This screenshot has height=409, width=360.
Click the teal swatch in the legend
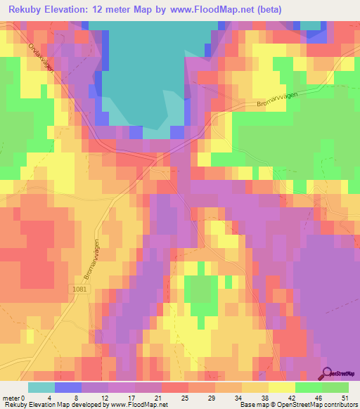coord(41,387)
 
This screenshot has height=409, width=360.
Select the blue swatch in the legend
coord(67,387)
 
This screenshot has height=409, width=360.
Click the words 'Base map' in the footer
coord(251,405)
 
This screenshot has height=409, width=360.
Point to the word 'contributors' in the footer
coord(337,405)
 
